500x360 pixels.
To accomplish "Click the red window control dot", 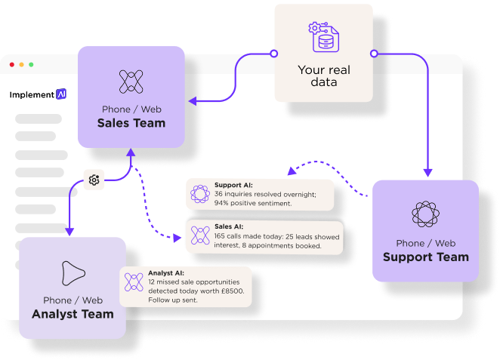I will (12, 65).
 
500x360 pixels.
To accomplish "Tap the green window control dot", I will (31, 65).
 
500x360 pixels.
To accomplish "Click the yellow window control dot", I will (21, 65).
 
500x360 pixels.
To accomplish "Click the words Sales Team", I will (131, 123).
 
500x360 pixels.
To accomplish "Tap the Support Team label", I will (425, 257).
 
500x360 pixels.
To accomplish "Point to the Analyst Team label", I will (73, 314).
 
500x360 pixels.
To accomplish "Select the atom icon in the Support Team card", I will (425, 214).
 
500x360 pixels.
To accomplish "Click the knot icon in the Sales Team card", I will (131, 81).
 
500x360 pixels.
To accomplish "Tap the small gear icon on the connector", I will (94, 180).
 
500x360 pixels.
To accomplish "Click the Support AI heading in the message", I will (233, 185).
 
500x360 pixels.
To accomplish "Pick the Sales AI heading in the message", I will (228, 226).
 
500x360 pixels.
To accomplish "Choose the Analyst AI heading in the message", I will (166, 272).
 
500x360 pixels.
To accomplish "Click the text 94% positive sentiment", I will (253, 203).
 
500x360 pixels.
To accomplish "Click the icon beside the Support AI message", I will (200, 194).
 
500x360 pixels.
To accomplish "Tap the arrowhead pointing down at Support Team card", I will (427, 173).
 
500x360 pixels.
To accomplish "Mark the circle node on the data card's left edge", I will (273, 54).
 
